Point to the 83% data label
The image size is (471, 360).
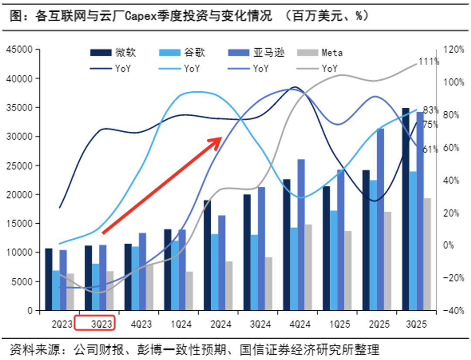(431, 110)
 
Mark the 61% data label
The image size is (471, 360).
(430, 149)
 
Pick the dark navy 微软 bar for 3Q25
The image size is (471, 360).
(406, 209)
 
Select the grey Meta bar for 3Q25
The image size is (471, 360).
(427, 254)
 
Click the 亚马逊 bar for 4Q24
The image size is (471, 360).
(301, 235)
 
